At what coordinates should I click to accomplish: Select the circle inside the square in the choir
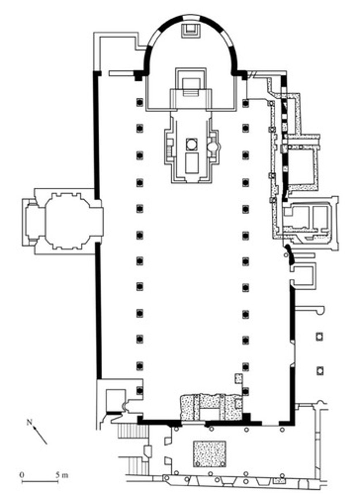tap(191, 144)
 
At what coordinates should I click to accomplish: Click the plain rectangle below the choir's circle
tap(192, 163)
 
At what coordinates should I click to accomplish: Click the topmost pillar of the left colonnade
tap(139, 103)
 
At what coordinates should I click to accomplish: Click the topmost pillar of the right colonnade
tap(246, 103)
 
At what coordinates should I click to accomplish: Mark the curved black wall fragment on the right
tap(289, 255)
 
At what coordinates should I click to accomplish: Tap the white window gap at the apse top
tap(191, 17)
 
